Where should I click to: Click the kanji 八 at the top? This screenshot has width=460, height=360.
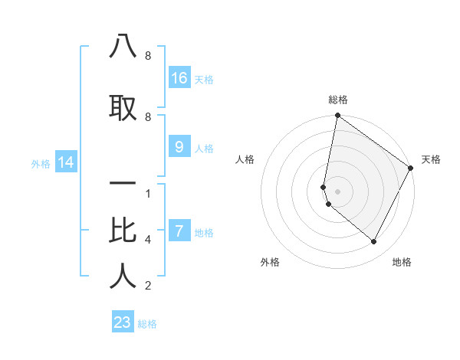click(x=123, y=47)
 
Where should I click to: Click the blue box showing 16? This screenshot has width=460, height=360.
click(x=179, y=77)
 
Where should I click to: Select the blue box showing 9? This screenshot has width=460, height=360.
click(x=179, y=147)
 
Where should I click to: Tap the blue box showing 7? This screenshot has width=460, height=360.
click(x=179, y=231)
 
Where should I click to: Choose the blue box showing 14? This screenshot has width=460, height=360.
click(x=65, y=162)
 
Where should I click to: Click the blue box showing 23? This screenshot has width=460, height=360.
click(x=123, y=322)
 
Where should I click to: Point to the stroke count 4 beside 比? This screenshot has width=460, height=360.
click(x=148, y=240)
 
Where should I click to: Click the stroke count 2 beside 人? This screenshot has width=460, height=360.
click(x=148, y=286)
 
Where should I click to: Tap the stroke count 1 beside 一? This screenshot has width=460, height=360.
click(x=148, y=193)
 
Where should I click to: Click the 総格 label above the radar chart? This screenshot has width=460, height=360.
click(x=338, y=100)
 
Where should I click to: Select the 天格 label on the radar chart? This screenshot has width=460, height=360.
click(x=431, y=159)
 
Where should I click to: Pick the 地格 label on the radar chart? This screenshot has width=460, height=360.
click(x=402, y=262)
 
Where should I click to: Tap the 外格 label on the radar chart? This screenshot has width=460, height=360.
click(x=270, y=262)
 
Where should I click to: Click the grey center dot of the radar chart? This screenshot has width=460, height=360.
click(x=338, y=191)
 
